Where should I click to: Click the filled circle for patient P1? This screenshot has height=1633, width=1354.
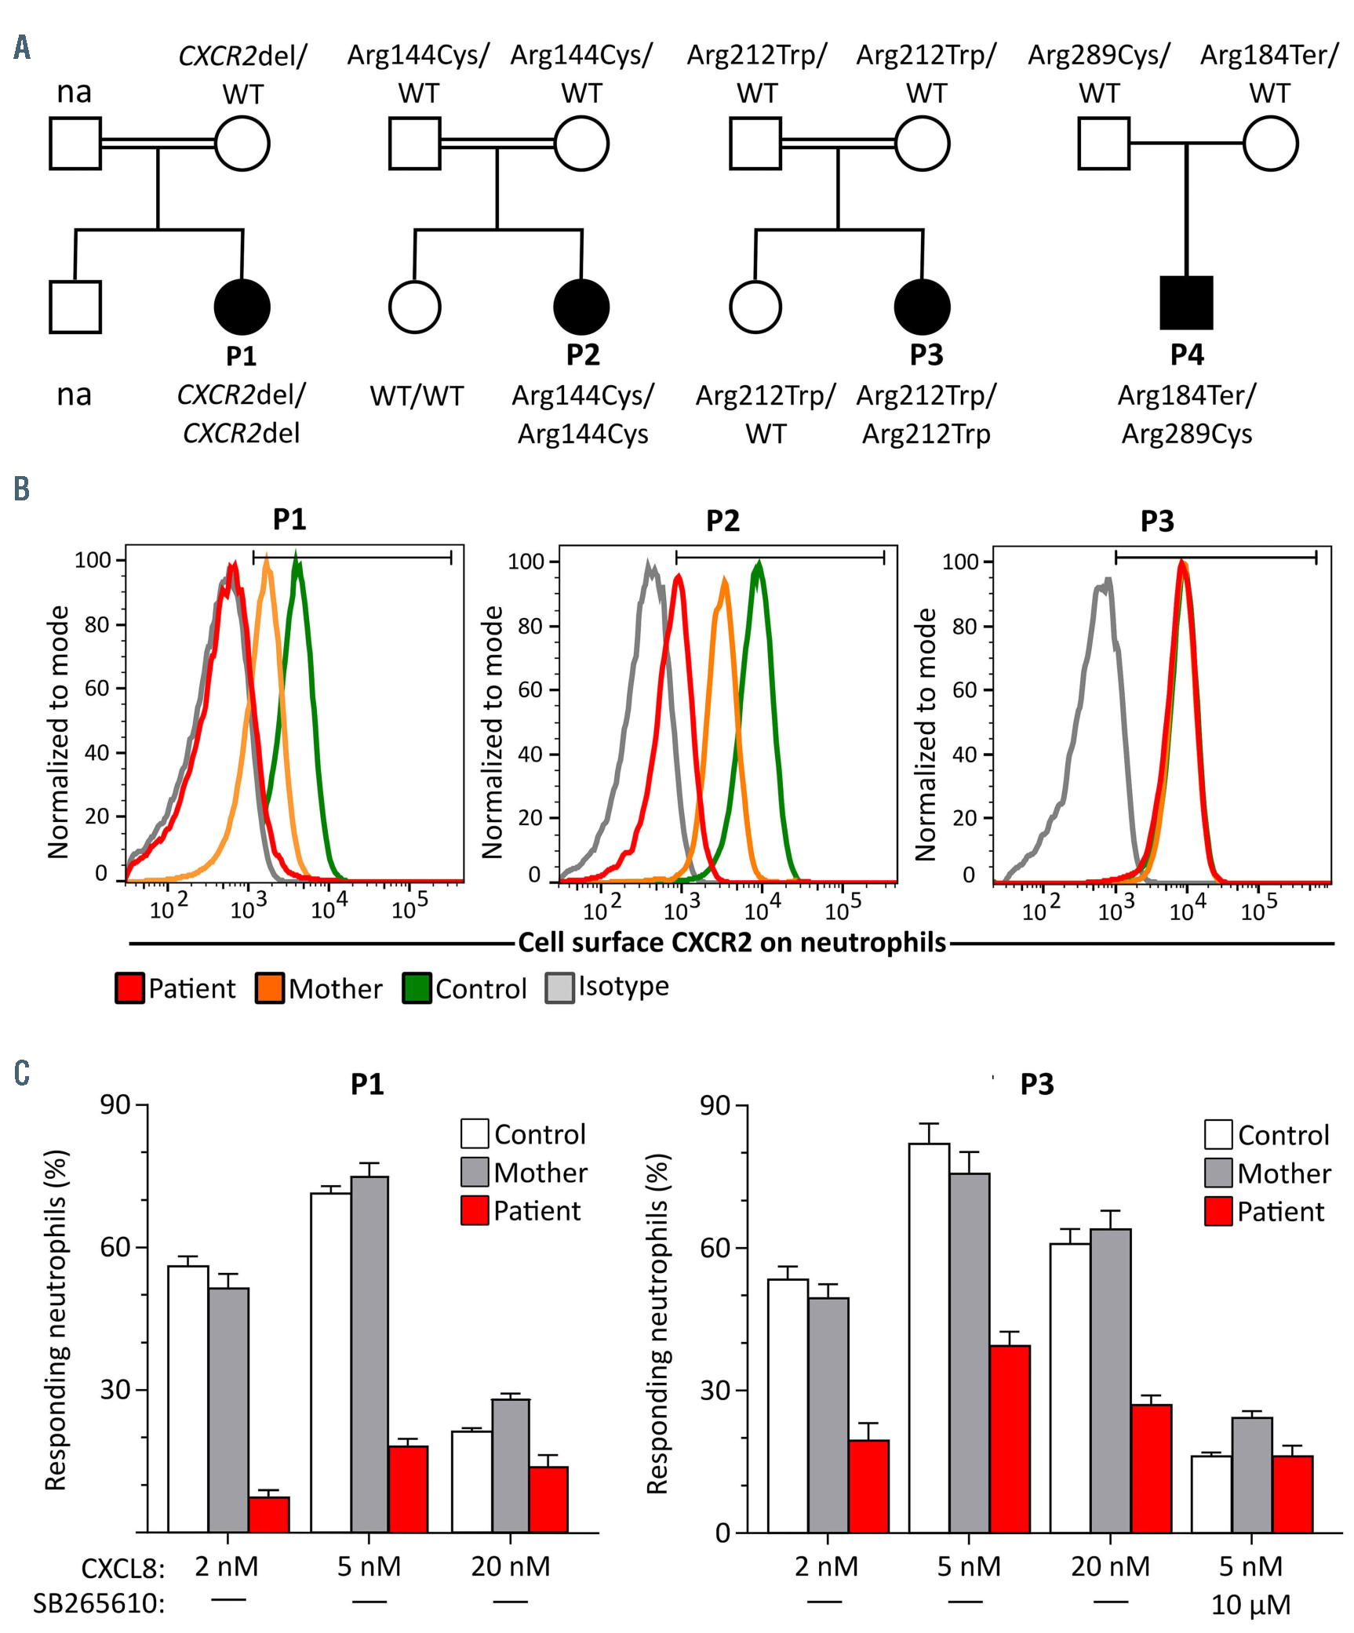[242, 307]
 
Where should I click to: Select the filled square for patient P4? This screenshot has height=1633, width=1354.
[1186, 303]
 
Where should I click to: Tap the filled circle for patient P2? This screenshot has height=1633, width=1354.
[581, 307]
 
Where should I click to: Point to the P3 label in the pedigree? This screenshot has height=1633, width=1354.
[926, 355]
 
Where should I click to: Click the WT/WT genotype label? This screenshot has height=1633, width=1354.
[417, 396]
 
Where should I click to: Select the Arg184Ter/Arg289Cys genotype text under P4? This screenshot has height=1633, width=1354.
[1186, 414]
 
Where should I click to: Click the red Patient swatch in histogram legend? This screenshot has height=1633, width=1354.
[130, 988]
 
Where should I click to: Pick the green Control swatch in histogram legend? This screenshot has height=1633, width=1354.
[417, 988]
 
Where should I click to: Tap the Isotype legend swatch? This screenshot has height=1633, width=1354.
[560, 988]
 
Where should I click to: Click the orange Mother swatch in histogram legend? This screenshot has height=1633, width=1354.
[270, 988]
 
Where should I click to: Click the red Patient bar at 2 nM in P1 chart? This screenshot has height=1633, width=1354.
[269, 1515]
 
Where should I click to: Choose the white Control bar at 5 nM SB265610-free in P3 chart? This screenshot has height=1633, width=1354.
[929, 1338]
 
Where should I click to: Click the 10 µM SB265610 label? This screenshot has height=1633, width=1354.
[1250, 1605]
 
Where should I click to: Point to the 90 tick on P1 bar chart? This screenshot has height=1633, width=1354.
[115, 1105]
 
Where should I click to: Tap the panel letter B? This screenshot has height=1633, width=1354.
[22, 489]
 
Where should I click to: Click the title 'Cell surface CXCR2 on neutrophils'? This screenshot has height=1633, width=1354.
[732, 943]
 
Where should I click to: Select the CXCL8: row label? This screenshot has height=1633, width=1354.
[123, 1569]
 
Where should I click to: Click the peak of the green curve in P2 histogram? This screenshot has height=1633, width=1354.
[759, 562]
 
